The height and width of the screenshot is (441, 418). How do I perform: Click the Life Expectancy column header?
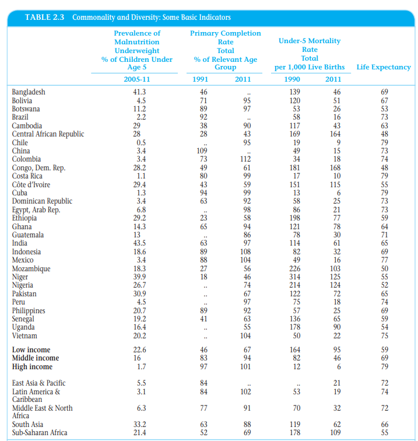tap(383, 67)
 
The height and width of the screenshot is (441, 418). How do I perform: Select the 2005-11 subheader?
tap(138, 79)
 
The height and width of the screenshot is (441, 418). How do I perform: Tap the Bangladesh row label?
tap(29, 92)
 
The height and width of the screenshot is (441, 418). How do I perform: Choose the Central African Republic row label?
tap(48, 134)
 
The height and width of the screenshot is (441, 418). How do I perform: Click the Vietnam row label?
tap(24, 336)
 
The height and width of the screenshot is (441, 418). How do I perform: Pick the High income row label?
tap(32, 367)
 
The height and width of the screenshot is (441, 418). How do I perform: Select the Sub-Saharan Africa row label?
tap(40, 433)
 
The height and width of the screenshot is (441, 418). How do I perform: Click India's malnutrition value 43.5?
tap(139, 243)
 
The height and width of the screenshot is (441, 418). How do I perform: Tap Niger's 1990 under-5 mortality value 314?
tap(296, 277)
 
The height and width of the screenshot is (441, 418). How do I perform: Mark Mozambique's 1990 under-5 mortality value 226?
tap(296, 268)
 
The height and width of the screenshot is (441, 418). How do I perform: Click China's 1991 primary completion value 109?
tap(203, 151)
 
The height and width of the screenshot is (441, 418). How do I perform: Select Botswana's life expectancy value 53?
tap(384, 109)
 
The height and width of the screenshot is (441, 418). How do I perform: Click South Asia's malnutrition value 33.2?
tap(139, 425)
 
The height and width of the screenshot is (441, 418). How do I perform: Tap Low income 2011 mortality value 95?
tap(336, 350)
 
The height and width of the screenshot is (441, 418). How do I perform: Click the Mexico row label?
tap(23, 260)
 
